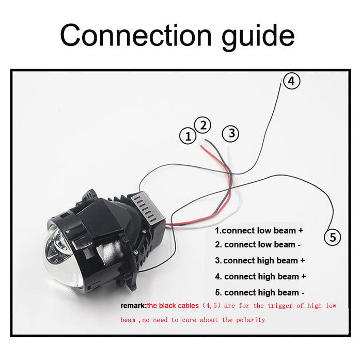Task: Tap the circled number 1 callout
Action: click(188, 136)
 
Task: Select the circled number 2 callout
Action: click(203, 124)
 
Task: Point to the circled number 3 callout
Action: click(230, 134)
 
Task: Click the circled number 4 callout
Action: click(291, 81)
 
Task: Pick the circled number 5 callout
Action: click(332, 237)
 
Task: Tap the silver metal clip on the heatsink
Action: click(142, 207)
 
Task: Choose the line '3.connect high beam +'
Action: click(260, 260)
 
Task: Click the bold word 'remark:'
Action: click(133, 306)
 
